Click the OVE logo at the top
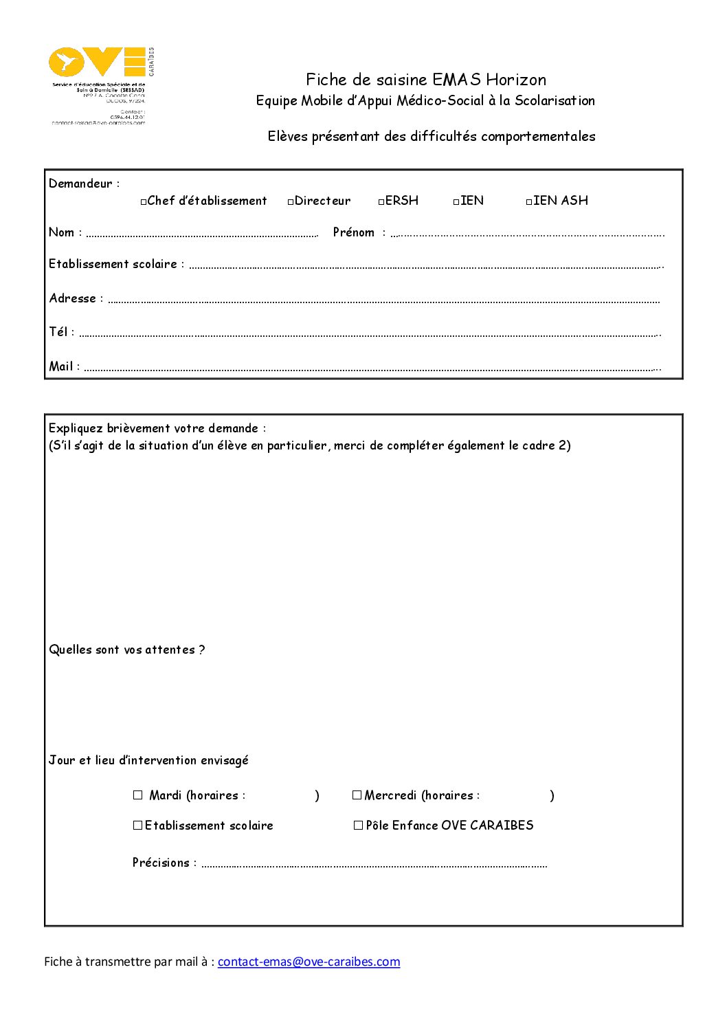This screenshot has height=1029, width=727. (x=100, y=63)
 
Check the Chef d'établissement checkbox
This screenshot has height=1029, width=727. (x=144, y=202)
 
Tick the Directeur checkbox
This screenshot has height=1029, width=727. (x=291, y=202)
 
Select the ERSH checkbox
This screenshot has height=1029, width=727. (x=381, y=202)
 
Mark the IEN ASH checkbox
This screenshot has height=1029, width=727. (x=529, y=202)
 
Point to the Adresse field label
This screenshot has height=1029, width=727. (x=73, y=298)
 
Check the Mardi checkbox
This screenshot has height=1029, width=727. (x=138, y=795)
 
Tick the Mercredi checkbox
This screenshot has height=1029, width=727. (x=357, y=795)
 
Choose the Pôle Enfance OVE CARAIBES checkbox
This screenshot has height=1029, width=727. (x=358, y=826)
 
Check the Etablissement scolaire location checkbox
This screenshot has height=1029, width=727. (x=137, y=826)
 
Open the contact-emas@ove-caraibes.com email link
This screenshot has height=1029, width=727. (x=309, y=962)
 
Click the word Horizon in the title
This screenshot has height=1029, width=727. (x=516, y=80)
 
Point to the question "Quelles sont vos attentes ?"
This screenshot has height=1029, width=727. (x=127, y=650)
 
